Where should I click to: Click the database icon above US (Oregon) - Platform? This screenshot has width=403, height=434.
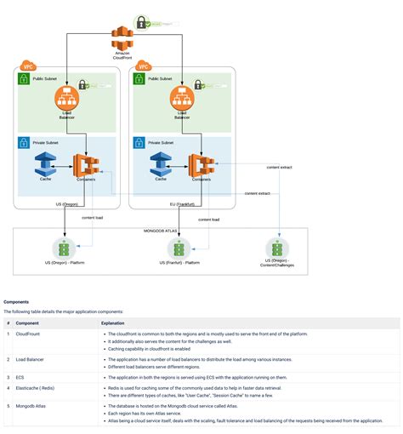click(64, 248)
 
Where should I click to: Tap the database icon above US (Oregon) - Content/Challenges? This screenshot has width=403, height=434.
click(280, 248)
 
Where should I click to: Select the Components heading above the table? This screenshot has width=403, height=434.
click(17, 301)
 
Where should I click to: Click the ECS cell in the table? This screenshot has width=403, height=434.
click(20, 375)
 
